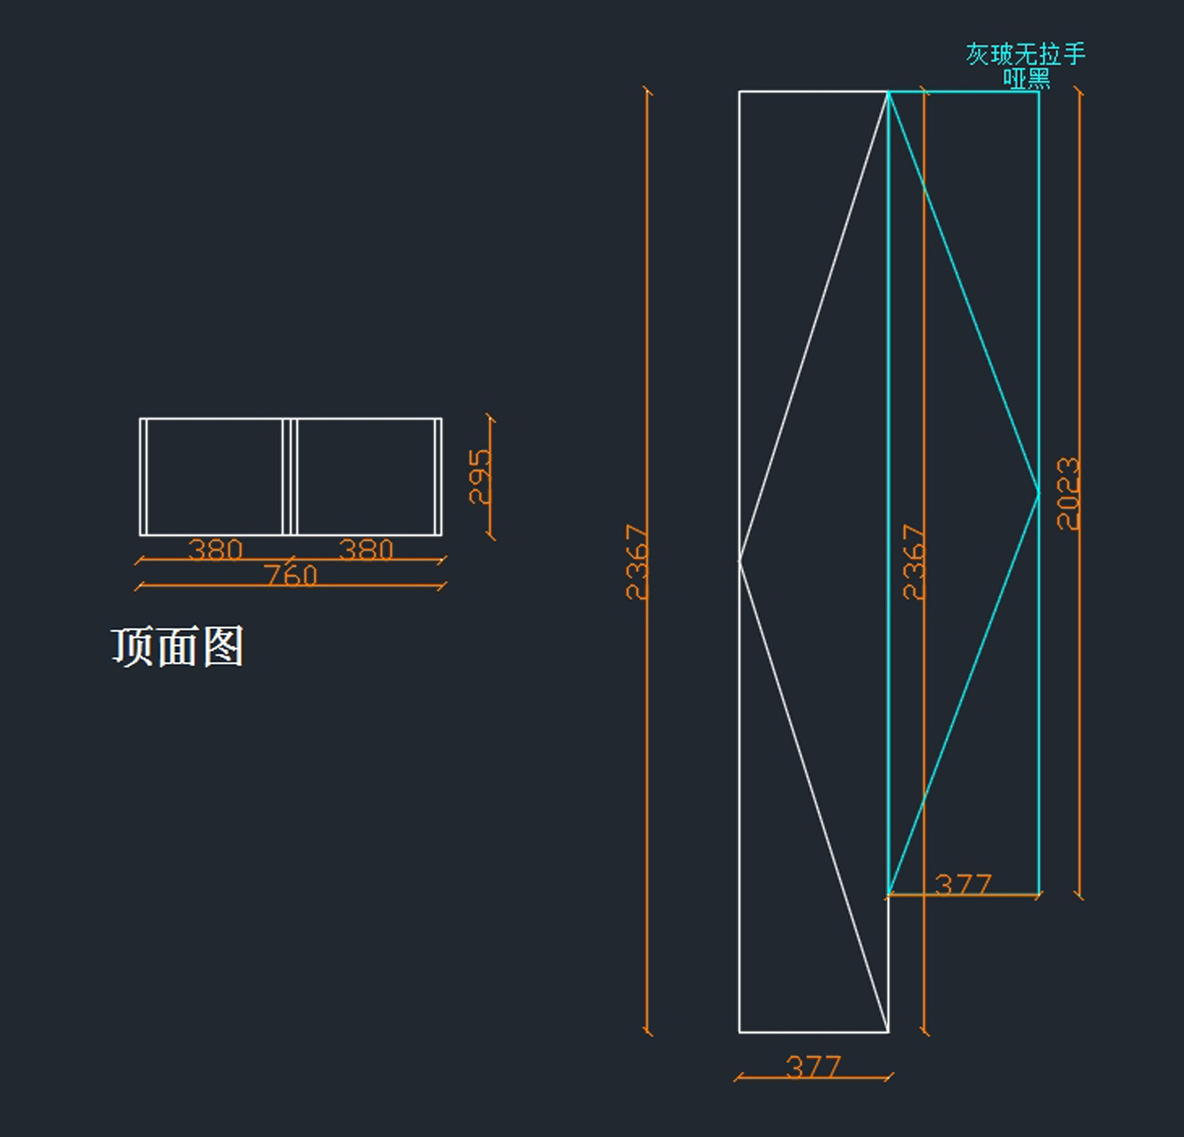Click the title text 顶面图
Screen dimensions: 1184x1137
[178, 647]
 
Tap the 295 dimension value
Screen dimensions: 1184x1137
[480, 477]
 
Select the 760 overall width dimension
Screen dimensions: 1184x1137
[291, 574]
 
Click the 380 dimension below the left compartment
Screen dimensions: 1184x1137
[215, 549]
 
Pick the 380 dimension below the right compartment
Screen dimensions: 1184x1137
[366, 549]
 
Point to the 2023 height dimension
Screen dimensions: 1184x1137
[1069, 493]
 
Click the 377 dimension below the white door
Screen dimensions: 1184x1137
[813, 1066]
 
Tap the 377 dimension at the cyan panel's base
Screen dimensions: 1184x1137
[962, 883]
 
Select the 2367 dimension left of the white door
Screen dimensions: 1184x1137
[638, 562]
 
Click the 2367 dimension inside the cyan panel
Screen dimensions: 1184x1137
[915, 562]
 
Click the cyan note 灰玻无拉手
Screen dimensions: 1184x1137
[1025, 53]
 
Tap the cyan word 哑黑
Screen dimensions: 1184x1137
[1026, 78]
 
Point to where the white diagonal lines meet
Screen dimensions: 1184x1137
[740, 561]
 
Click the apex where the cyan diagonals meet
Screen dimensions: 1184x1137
[1038, 492]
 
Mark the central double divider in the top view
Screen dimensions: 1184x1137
[290, 477]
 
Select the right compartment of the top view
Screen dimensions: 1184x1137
[366, 477]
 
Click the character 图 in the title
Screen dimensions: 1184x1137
[224, 647]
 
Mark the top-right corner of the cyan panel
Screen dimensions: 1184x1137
[1038, 92]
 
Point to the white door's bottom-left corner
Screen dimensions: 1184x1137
[740, 1031]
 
